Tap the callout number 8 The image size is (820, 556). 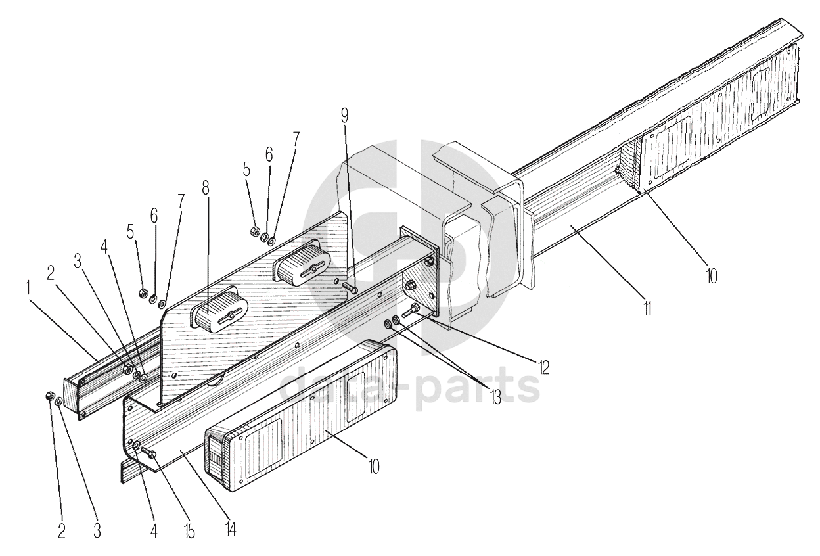tap(206, 187)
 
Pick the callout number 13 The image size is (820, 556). tap(494, 396)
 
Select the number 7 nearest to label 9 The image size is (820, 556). tap(296, 139)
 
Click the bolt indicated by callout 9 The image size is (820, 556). tap(349, 287)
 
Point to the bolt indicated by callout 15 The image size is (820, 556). tap(148, 453)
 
